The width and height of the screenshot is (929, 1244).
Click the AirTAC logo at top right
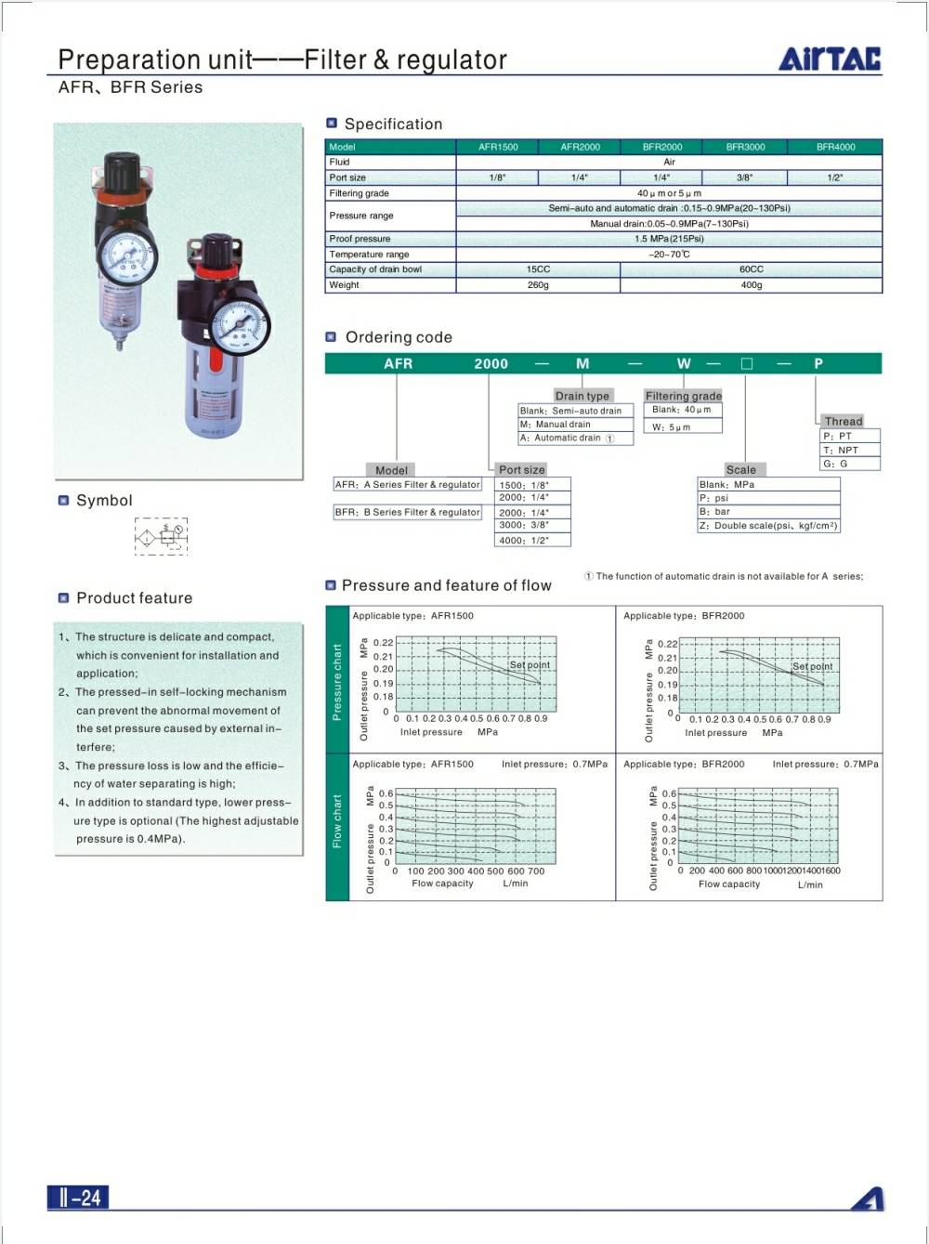click(830, 58)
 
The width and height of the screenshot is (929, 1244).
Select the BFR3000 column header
click(745, 147)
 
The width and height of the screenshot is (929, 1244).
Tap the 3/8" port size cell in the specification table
click(745, 177)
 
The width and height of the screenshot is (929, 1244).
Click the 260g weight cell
click(538, 285)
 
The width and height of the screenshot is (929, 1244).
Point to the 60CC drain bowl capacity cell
click(751, 269)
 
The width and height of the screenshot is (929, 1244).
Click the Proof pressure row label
click(360, 239)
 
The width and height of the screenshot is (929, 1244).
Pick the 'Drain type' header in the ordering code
click(582, 396)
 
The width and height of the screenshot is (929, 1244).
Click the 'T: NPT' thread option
click(841, 450)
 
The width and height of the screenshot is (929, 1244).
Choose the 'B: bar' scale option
click(715, 512)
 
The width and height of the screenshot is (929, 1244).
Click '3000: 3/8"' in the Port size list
click(524, 525)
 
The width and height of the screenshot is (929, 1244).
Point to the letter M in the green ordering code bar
click(582, 363)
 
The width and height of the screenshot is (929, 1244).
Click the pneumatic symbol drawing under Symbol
click(161, 536)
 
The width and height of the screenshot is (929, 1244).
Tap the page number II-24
click(79, 1198)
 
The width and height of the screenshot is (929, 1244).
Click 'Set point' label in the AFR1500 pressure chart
click(530, 665)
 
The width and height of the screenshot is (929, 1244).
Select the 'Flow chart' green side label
click(336, 821)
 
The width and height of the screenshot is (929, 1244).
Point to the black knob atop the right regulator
click(219, 248)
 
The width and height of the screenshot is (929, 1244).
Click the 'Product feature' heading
click(134, 598)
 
